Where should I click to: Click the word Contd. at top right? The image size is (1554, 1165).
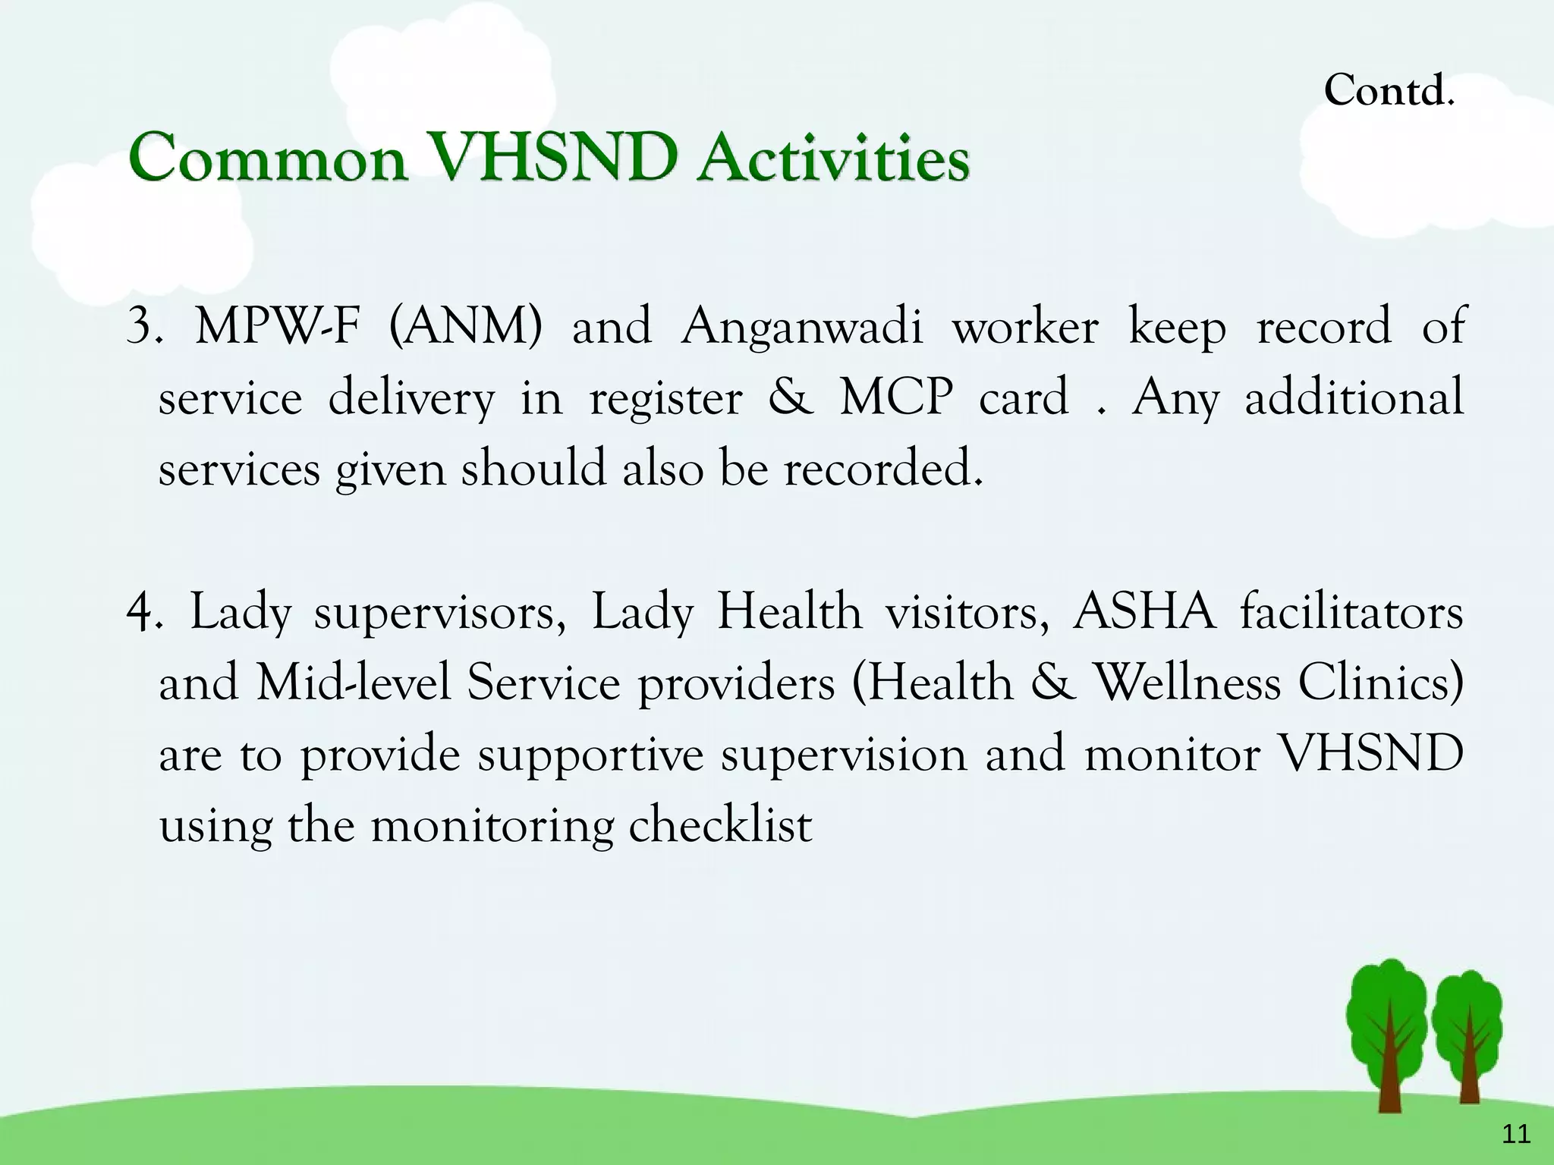1389,91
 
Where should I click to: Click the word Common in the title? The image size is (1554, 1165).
268,159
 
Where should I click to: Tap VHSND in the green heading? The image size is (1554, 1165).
553,159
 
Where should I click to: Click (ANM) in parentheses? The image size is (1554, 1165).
465,326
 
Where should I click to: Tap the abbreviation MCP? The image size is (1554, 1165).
896,397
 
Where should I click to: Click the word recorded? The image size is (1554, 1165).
883,468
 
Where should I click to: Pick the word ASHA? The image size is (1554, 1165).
1143,612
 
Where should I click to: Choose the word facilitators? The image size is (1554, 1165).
1351,612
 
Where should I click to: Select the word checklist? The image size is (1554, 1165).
720,825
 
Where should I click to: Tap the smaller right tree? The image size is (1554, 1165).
1468,1035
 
